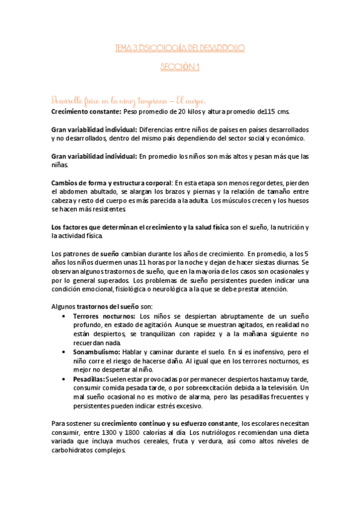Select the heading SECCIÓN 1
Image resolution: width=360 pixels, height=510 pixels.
180,69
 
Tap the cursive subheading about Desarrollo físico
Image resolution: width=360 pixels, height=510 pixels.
130,99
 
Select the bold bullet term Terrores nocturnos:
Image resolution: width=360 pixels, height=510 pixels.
105,316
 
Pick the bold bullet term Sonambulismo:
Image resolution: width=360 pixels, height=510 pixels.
99,351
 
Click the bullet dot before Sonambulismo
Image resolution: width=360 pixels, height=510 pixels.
65,351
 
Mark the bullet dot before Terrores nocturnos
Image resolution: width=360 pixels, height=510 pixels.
65,316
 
